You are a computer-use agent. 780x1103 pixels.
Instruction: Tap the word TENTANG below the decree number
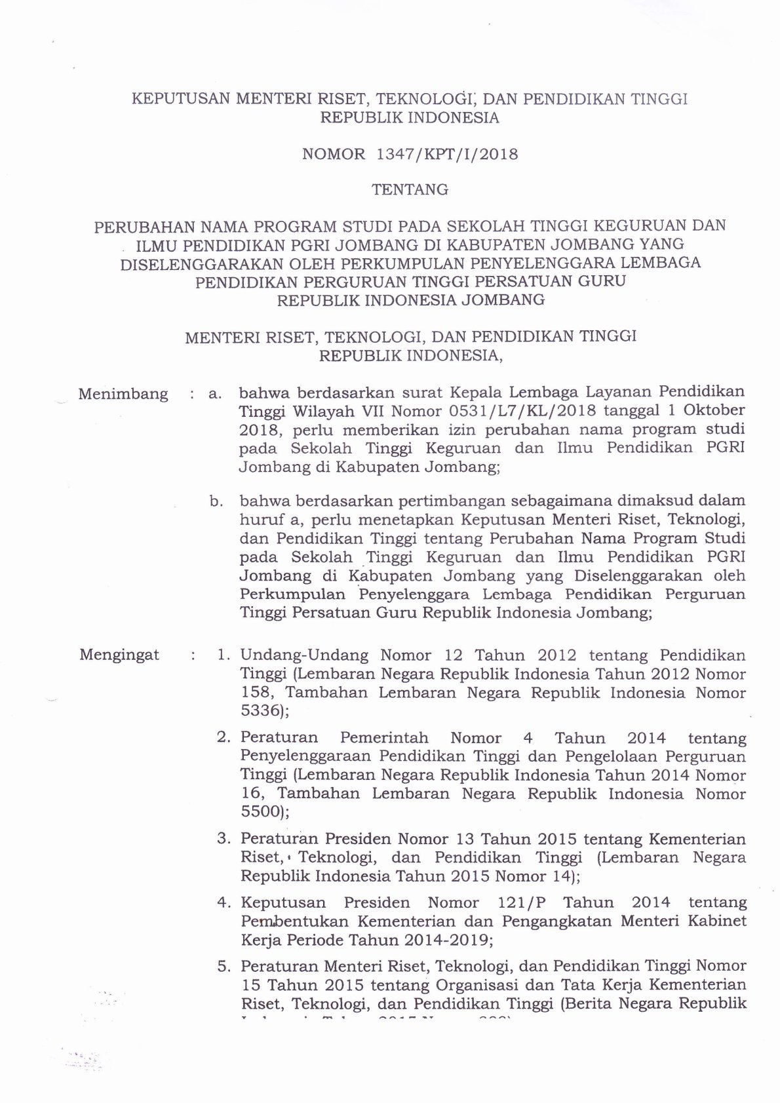click(x=410, y=190)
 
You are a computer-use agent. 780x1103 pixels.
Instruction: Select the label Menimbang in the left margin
click(x=123, y=395)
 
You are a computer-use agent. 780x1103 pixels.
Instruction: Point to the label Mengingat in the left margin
click(x=119, y=655)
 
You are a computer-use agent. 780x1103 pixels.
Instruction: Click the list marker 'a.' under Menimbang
click(x=214, y=395)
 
